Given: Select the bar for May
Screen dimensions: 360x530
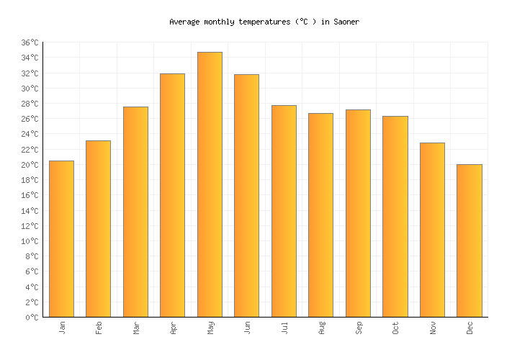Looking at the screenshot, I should coord(210,184).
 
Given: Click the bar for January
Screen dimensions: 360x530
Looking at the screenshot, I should coord(61,238).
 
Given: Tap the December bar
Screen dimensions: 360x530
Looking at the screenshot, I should coord(469,240).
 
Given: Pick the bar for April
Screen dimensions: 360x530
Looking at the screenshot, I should coord(172,195).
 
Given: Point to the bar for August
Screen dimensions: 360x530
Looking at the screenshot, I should coord(320,215).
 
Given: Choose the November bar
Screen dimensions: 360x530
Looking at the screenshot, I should coord(432,230).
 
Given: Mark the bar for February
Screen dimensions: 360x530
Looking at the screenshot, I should coord(98,228).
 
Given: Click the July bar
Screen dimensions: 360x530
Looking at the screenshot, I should coord(284,211).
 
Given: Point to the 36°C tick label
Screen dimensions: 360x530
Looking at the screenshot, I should coord(30,43).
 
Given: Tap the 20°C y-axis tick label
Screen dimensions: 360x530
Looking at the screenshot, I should coord(30,165).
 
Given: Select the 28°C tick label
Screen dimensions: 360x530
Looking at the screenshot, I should coord(30,104).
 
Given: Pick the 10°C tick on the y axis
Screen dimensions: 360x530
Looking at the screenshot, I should coord(30,241).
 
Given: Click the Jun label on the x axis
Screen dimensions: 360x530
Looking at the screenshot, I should coord(247,328).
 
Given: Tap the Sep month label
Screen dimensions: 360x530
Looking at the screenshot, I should coord(359,328).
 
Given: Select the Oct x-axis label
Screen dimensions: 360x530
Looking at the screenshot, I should coord(395,328).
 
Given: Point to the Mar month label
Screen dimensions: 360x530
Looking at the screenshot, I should coord(136,328).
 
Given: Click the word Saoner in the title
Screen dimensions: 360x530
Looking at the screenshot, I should coord(346,22).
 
